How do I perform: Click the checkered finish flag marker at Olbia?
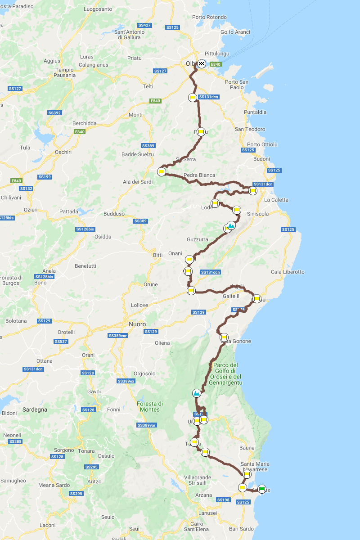202,64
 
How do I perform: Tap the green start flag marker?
262,490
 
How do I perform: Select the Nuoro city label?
137,324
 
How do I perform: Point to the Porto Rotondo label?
209,18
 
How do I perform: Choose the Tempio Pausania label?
64,72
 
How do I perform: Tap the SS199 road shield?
45,177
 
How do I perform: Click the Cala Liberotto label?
288,272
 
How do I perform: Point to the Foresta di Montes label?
150,406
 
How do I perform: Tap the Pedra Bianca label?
199,175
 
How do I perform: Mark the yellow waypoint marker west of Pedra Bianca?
161,172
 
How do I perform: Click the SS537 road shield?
60,342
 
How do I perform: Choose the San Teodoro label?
250,129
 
